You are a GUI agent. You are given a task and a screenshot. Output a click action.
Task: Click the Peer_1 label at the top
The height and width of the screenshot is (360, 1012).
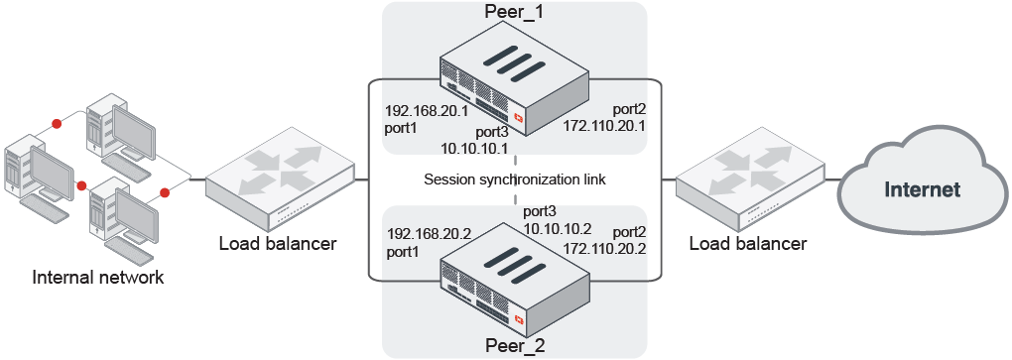tap(514, 13)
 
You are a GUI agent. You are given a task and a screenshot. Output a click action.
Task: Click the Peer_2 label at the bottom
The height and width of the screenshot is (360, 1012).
tap(514, 346)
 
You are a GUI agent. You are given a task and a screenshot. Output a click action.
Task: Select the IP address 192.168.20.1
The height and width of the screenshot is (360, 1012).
tap(427, 112)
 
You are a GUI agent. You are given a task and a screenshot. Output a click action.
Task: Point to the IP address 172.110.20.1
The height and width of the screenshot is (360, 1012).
tap(604, 127)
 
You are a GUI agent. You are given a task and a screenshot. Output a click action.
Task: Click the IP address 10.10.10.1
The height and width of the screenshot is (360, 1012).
tap(475, 149)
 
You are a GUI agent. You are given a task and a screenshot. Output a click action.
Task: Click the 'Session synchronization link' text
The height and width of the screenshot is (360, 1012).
tap(514, 180)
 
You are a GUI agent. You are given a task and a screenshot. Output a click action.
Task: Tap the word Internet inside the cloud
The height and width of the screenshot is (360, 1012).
tap(922, 189)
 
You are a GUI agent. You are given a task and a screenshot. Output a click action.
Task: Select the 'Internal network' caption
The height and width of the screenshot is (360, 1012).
tap(98, 277)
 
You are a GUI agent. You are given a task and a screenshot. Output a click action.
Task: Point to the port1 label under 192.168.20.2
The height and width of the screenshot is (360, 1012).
tap(403, 252)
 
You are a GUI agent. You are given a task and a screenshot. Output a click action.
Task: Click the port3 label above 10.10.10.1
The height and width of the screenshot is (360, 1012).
tap(492, 132)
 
